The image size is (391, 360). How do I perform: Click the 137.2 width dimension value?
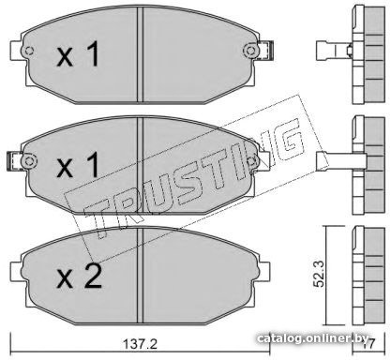click(140, 344)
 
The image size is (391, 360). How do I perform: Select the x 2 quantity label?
click(79, 276)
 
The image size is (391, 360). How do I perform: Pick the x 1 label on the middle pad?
click(78, 165)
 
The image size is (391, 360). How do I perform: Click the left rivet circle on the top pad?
click(28, 51)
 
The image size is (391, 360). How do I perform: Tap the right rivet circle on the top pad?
click(250, 51)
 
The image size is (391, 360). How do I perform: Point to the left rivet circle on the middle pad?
click(29, 161)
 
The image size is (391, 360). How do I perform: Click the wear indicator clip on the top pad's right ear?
click(266, 51)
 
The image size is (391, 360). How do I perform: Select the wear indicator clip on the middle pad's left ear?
click(14, 161)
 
